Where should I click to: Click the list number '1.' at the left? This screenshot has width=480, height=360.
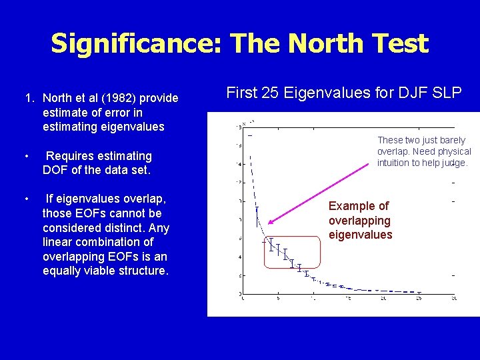click(30, 98)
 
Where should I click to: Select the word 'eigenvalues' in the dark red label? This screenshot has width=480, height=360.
click(360, 235)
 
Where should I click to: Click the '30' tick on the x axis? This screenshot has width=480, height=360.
click(453, 299)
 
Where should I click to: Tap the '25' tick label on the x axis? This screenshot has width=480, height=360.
click(418, 299)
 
